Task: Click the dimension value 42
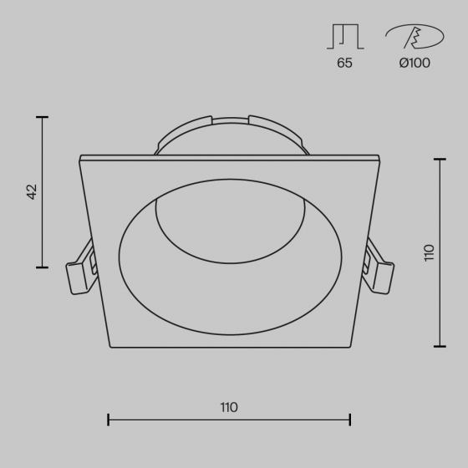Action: [32, 192]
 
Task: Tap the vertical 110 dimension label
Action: [430, 252]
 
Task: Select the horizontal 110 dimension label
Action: [229, 408]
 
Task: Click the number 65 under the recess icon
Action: [344, 63]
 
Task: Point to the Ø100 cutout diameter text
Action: [415, 63]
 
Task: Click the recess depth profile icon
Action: [345, 37]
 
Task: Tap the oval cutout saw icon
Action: [415, 36]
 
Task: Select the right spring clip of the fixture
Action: [378, 267]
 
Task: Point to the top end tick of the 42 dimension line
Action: [43, 117]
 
